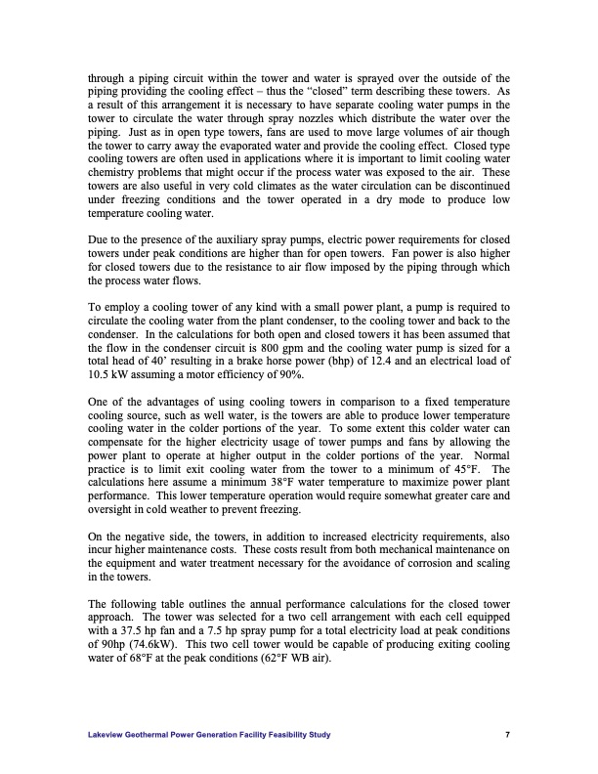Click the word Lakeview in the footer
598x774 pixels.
tap(107, 734)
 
